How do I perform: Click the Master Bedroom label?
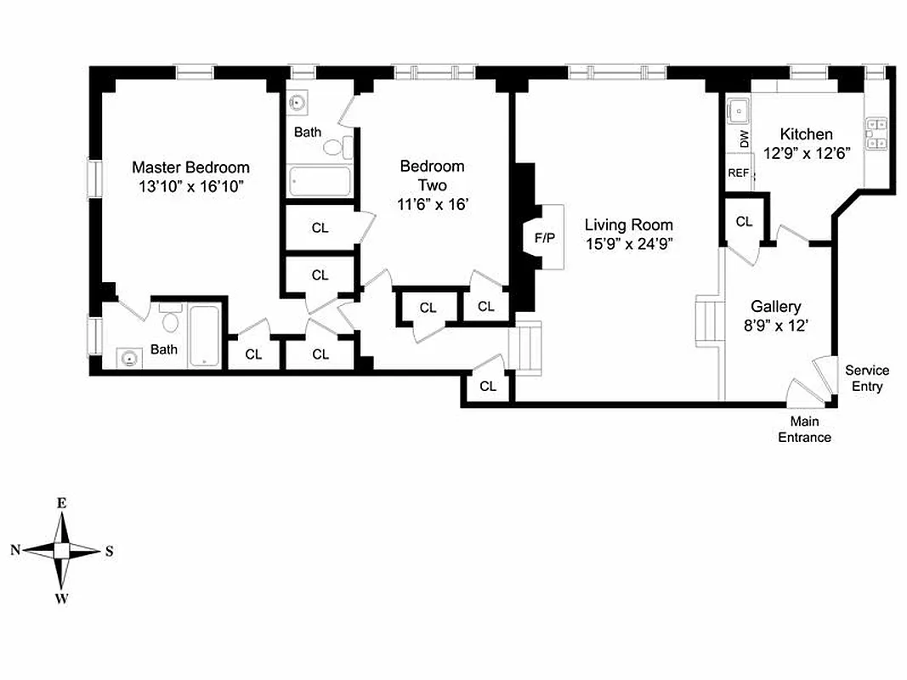(190, 167)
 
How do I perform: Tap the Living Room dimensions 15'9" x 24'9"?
(628, 244)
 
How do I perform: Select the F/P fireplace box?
(544, 237)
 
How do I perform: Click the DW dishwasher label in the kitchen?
(745, 139)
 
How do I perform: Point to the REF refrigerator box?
(737, 173)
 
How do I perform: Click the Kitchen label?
(806, 134)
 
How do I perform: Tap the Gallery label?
(775, 307)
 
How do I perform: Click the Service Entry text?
(866, 378)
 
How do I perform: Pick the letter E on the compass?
(61, 502)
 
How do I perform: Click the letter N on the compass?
(14, 550)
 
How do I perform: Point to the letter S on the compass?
(109, 551)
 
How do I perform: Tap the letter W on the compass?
(61, 599)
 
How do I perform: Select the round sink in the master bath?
(128, 359)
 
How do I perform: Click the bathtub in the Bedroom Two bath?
(319, 181)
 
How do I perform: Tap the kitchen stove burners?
(876, 134)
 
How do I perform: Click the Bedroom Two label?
(432, 175)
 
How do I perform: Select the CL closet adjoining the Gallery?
(744, 221)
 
